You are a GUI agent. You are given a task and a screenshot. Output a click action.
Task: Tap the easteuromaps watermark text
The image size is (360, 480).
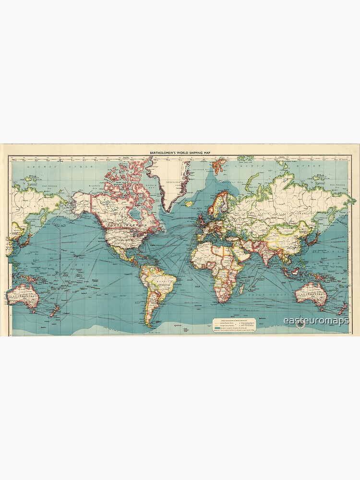click(316, 320)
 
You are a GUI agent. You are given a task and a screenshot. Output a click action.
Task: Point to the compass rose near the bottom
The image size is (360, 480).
click(301, 324)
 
